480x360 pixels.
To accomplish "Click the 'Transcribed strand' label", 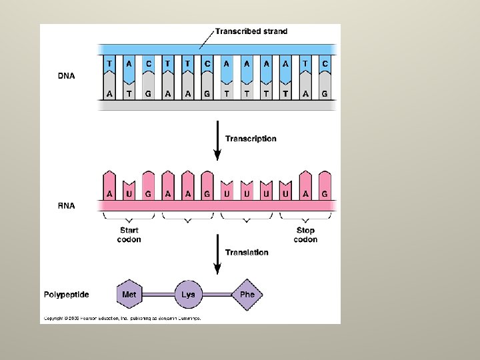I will tap(251, 31).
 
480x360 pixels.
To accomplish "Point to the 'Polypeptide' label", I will tap(67, 295).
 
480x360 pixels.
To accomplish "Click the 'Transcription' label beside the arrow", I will tap(251, 139).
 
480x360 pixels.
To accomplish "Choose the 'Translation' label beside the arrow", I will tap(247, 253).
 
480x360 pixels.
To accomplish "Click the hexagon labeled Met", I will tap(129, 294).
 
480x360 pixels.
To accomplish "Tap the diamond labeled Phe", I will tap(247, 294).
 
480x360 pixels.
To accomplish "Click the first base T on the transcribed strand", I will tap(109, 64).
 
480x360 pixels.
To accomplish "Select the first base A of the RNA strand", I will tap(109, 194).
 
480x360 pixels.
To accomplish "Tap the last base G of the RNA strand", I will tap(325, 194).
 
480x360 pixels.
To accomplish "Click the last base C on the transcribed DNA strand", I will tap(325, 64).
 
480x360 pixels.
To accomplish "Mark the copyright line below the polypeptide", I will tap(122, 319).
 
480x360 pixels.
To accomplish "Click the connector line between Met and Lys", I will tap(159, 294).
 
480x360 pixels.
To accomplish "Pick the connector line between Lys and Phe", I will tap(217, 294).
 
